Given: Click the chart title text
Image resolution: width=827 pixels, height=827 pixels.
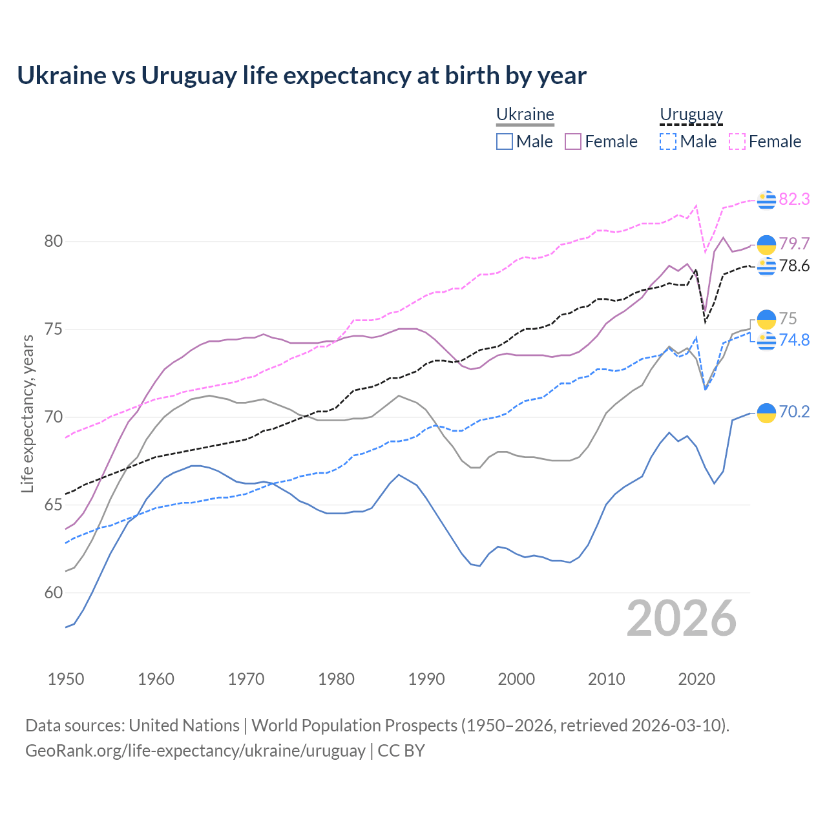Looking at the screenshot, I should [x=302, y=76].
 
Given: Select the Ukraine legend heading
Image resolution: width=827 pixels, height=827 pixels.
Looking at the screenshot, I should [x=525, y=114].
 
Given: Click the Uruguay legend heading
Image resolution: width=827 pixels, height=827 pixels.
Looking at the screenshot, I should [x=691, y=114].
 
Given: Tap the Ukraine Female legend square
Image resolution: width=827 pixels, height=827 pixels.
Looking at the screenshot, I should [x=573, y=141].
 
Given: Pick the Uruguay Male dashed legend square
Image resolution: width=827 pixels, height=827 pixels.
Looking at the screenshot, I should [x=668, y=141].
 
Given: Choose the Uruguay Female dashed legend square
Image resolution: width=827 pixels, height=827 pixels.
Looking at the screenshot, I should [x=737, y=141].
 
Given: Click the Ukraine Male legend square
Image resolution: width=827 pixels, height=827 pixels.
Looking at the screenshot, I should [x=505, y=141].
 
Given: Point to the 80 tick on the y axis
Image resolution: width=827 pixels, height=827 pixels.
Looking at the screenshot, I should [x=54, y=242].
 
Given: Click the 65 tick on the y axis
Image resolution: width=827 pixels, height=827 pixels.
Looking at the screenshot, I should [x=54, y=505].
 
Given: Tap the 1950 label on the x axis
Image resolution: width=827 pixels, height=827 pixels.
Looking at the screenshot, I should [x=66, y=679].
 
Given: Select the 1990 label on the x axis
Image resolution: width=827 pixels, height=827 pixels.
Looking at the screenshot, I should [x=426, y=679].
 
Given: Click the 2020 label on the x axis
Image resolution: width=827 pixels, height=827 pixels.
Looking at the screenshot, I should [x=696, y=679].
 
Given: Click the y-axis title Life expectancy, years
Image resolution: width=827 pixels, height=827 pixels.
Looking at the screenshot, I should [x=28, y=413].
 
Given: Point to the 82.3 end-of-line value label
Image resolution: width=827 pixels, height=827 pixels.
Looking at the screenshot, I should [x=794, y=199].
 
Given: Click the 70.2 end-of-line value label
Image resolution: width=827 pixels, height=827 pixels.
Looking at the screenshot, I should [x=794, y=412].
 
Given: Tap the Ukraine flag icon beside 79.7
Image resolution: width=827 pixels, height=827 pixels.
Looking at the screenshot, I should [x=766, y=244].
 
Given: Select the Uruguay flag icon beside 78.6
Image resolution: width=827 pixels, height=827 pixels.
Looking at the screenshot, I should [x=766, y=266].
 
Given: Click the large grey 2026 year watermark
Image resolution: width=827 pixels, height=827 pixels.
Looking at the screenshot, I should [x=681, y=618].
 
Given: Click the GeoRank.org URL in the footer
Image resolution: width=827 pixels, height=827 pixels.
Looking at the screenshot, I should [x=195, y=751].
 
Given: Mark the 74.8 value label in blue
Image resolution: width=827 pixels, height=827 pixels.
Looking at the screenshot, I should [x=794, y=340].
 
